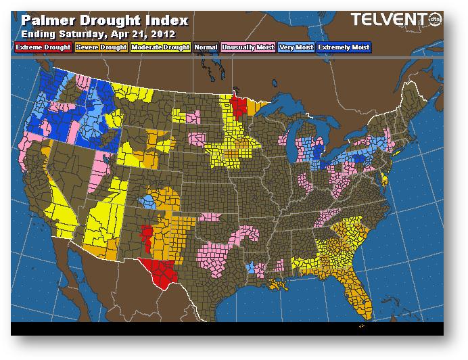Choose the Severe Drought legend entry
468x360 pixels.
(x=100, y=47)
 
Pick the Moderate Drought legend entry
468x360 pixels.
(x=159, y=47)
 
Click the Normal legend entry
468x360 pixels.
(x=206, y=47)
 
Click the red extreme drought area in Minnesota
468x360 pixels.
(x=239, y=106)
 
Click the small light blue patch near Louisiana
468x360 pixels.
(x=251, y=268)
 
